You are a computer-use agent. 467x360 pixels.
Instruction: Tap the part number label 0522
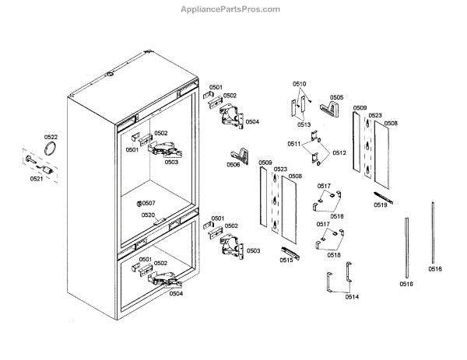click(51, 138)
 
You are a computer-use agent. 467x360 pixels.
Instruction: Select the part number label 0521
click(37, 179)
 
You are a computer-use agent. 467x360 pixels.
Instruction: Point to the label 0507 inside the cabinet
click(148, 203)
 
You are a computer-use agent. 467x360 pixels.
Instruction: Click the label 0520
click(148, 215)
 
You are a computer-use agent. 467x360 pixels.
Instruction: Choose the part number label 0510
click(300, 83)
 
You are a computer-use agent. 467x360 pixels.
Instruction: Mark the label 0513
click(304, 124)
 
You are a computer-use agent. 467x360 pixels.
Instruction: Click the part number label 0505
click(336, 98)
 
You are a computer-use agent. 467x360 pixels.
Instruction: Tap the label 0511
click(294, 145)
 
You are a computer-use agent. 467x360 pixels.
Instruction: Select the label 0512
click(339, 153)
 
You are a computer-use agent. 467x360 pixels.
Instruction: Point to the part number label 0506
click(233, 165)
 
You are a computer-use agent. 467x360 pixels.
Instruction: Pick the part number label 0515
click(286, 260)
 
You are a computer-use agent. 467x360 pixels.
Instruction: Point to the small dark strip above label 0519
click(381, 195)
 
